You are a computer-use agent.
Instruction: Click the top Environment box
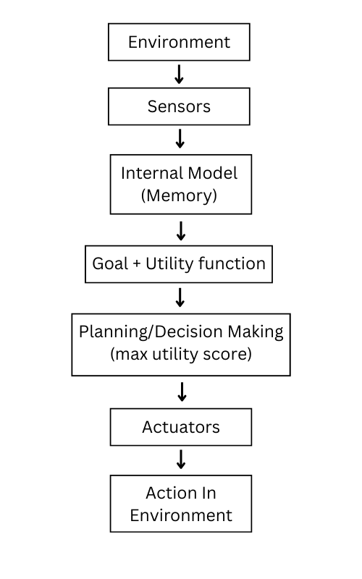coord(179,42)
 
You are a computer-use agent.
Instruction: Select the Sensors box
coord(179,106)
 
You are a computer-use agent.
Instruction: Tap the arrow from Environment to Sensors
coord(180,74)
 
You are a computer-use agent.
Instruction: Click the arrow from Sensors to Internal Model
coord(180,138)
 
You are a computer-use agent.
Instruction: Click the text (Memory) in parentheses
coord(179,195)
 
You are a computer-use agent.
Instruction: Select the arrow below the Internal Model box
coord(181,231)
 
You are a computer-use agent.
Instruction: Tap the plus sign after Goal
coord(136,264)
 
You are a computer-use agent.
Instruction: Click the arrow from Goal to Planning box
coord(180,297)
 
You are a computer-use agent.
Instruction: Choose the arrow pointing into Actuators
coord(182,392)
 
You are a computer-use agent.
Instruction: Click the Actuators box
coord(180,427)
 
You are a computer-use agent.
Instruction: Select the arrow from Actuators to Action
coord(181,459)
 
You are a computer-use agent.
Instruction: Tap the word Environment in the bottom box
coord(181,515)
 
